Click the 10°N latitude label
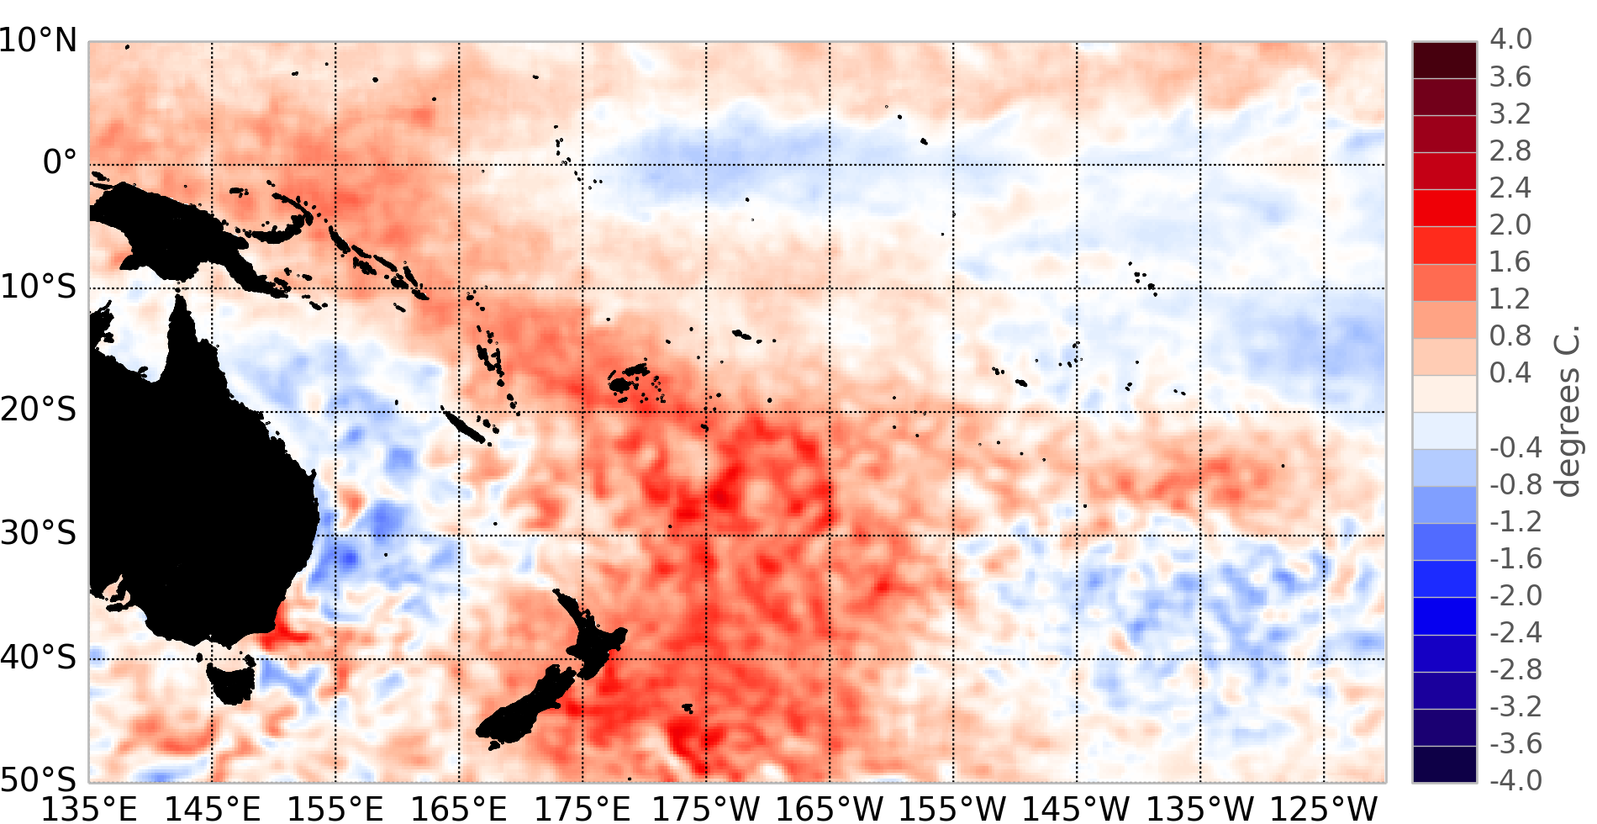(39, 40)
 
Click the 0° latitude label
(59, 161)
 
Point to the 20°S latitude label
(39, 409)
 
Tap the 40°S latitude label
(39, 657)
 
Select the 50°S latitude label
(39, 779)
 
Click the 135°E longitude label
(89, 808)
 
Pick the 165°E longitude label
(459, 808)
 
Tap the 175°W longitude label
(706, 808)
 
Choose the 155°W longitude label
(953, 808)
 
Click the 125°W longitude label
(1324, 808)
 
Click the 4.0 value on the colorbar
(1510, 40)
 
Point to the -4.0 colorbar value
(1515, 780)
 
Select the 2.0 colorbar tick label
(1510, 224)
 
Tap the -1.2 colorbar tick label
(1515, 521)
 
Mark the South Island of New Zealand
(525, 710)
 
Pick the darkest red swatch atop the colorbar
(1444, 60)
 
